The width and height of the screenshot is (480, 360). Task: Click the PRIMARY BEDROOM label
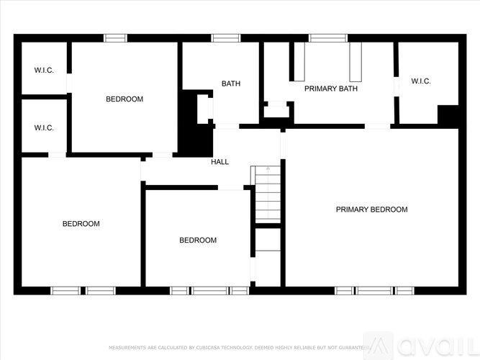[371, 210]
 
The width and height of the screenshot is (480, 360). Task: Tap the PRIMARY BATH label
[331, 89]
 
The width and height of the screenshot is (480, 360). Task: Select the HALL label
[219, 162]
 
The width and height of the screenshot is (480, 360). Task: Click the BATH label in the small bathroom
[231, 84]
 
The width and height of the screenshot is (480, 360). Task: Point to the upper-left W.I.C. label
[44, 70]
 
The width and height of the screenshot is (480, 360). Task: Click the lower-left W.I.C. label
[44, 128]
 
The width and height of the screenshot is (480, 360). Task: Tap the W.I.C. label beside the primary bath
[421, 81]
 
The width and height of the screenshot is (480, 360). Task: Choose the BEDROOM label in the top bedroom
[124, 99]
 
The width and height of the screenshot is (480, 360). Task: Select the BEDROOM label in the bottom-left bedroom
[81, 224]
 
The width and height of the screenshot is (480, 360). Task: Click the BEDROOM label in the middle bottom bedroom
[198, 240]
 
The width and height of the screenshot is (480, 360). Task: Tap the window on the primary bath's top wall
[328, 37]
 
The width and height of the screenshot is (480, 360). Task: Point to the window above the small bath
[225, 37]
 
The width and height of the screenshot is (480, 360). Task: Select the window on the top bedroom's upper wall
[116, 37]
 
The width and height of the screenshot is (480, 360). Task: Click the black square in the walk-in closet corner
[449, 116]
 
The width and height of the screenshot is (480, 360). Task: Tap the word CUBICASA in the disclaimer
[212, 348]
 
